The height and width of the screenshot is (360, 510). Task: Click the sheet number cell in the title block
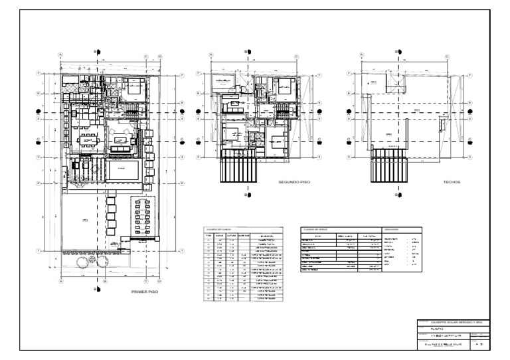point(479,346)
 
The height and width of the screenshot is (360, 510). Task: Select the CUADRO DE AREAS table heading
point(316,228)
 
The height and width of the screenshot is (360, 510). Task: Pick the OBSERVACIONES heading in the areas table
point(394,228)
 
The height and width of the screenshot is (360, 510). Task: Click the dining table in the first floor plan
point(88,140)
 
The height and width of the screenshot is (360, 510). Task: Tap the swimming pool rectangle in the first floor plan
point(123,170)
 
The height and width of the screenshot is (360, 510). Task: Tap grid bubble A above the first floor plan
point(60,56)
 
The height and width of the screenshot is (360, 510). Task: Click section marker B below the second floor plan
point(247,195)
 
